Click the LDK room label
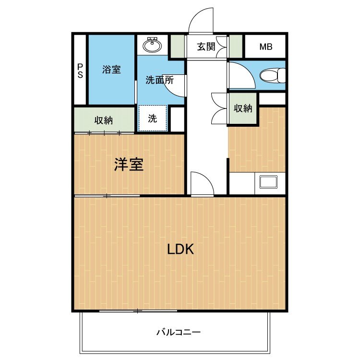click(x=180, y=249)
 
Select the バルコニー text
click(x=178, y=332)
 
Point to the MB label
click(x=265, y=47)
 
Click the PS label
click(x=80, y=71)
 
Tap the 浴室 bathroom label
click(x=111, y=70)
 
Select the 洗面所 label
click(x=159, y=80)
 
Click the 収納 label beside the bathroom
click(x=103, y=120)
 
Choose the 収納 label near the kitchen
click(x=243, y=108)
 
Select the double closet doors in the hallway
click(x=219, y=108)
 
